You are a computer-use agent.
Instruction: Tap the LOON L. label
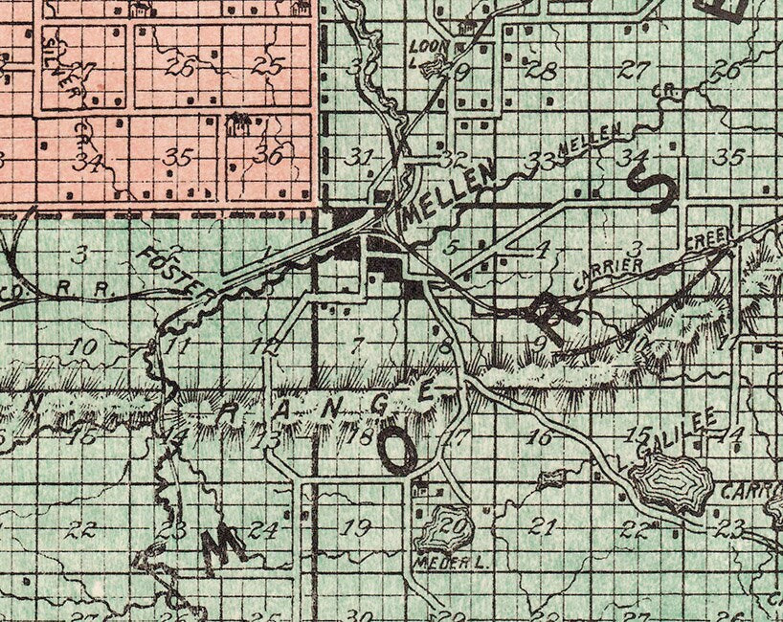pyautogui.click(x=422, y=47)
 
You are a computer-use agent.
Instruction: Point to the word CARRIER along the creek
pyautogui.click(x=608, y=272)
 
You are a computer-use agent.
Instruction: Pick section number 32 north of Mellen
pyautogui.click(x=456, y=158)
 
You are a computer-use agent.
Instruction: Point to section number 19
pyautogui.click(x=356, y=525)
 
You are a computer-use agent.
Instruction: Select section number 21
pyautogui.click(x=543, y=525)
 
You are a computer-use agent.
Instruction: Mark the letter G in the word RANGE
pyautogui.click(x=379, y=403)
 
